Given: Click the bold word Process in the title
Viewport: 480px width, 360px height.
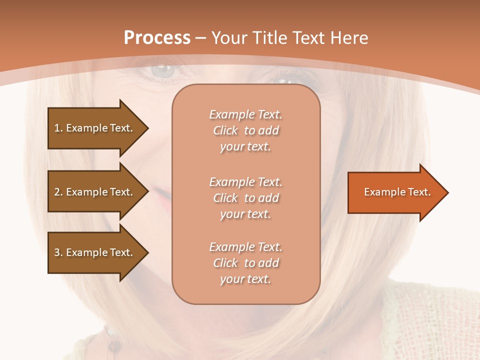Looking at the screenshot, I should (x=157, y=37).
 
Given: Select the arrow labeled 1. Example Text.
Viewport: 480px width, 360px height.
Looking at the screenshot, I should (x=95, y=128).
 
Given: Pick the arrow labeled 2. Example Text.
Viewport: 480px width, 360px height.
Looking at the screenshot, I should (x=95, y=192).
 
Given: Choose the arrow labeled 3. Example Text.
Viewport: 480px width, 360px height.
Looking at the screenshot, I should (x=95, y=252).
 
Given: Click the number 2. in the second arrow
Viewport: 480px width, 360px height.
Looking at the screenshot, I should (x=58, y=192).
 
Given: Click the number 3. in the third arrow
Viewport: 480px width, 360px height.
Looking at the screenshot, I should (x=58, y=252).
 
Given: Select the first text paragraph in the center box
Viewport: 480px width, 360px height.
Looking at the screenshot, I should (x=245, y=130).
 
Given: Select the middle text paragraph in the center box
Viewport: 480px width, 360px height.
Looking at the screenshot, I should (x=245, y=198).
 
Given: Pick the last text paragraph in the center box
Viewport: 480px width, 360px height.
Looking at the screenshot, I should (x=245, y=263).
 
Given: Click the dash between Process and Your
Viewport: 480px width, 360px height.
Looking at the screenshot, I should (x=200, y=38).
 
